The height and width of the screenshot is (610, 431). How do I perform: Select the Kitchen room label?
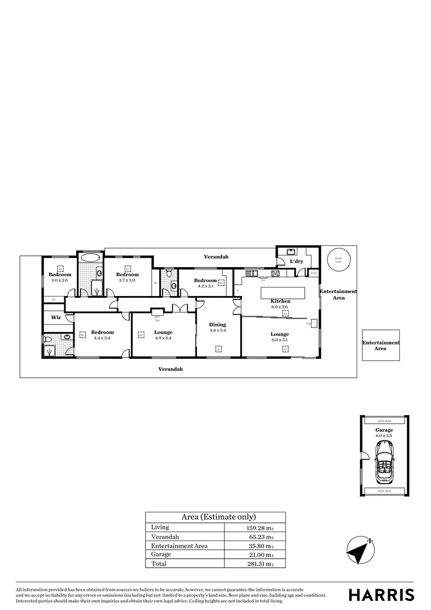click(x=280, y=301)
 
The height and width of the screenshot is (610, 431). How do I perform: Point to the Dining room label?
click(x=217, y=325)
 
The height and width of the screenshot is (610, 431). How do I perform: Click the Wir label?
click(x=56, y=317)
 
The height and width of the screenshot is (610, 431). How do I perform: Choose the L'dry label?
click(x=296, y=262)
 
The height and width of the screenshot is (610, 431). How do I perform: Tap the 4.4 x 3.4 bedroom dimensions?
click(x=102, y=338)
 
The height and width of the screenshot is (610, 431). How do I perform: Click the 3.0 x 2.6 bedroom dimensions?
click(x=60, y=280)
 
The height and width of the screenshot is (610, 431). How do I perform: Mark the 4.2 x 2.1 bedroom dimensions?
click(x=205, y=286)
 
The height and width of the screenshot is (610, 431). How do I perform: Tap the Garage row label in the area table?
click(x=162, y=554)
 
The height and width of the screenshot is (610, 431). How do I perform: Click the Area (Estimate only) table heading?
click(x=218, y=517)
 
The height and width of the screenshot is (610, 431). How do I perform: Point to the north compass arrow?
click(x=360, y=548)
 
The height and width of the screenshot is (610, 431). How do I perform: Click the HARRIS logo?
click(x=381, y=594)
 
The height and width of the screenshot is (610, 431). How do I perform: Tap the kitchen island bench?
click(x=282, y=293)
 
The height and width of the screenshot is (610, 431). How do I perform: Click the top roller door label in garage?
click(x=384, y=421)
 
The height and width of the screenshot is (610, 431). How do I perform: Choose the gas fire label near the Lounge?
click(x=157, y=319)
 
